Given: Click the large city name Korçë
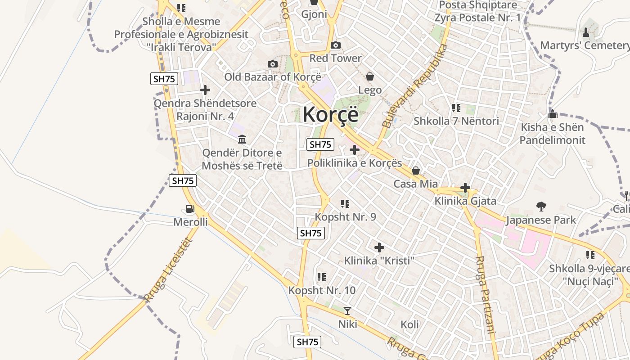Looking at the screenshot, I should click(331, 114).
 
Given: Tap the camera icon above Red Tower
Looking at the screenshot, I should click(335, 45).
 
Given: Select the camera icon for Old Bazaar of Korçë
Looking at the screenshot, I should click(272, 64).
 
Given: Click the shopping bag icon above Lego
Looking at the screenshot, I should click(370, 76).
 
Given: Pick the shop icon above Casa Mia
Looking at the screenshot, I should click(416, 170).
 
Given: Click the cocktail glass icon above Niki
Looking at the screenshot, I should click(347, 310).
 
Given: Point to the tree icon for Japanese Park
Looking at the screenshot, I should click(541, 207).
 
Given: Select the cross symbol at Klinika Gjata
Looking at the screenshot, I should click(465, 188).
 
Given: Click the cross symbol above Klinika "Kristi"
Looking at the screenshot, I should click(379, 247).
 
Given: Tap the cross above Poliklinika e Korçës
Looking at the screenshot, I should click(355, 149).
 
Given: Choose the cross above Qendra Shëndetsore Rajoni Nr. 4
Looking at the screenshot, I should click(205, 90).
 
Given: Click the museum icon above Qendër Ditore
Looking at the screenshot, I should click(242, 139).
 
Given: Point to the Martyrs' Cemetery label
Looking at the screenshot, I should click(585, 45).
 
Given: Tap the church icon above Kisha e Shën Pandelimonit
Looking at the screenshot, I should click(553, 114).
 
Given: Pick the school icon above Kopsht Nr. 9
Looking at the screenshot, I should click(345, 203).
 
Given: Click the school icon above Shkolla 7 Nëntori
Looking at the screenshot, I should click(456, 108).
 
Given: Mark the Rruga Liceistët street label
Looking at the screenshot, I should click(168, 270).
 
